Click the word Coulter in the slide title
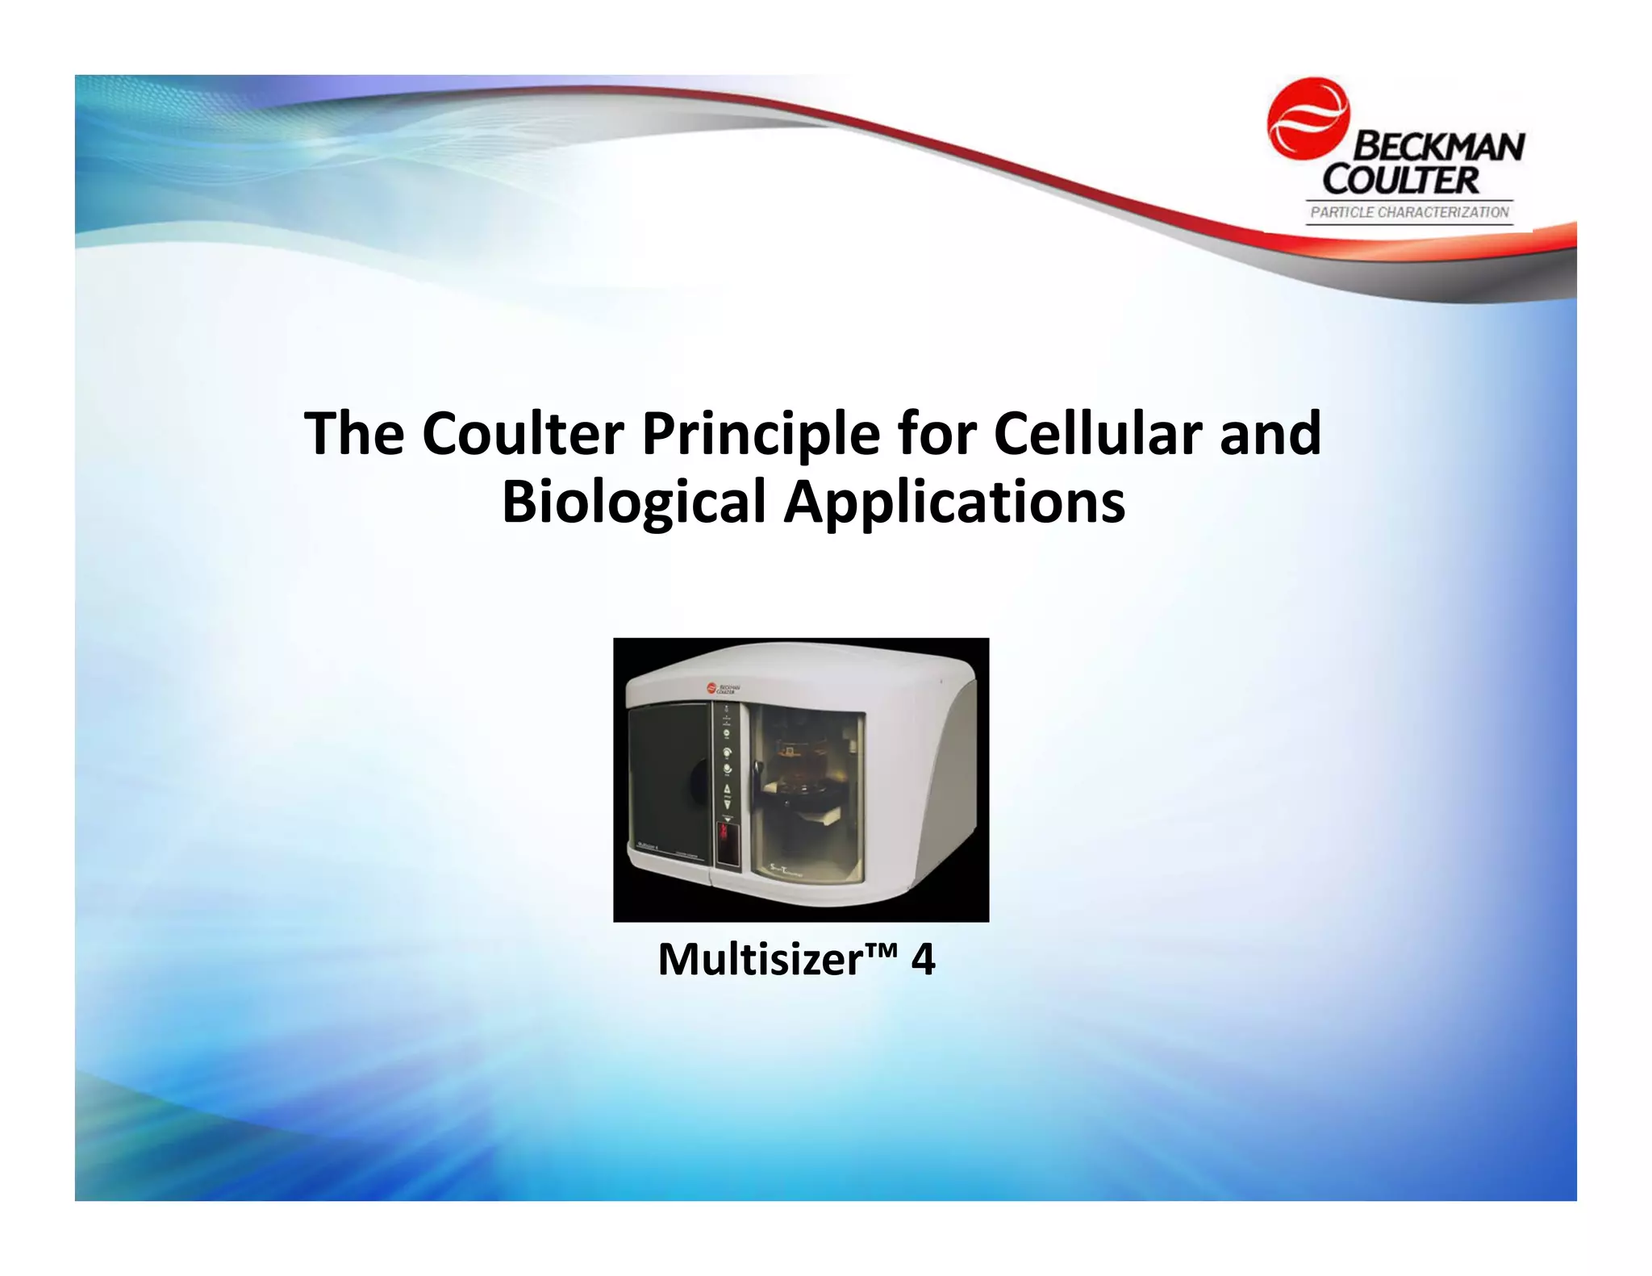(523, 434)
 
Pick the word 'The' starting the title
(353, 434)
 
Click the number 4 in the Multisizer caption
(923, 960)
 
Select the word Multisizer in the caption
(761, 960)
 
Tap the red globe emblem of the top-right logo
(1308, 119)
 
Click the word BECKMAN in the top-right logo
(1438, 148)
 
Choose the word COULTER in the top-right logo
(1401, 180)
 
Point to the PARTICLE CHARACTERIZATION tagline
(1409, 212)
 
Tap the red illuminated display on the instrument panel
(727, 842)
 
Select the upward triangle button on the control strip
(727, 789)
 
